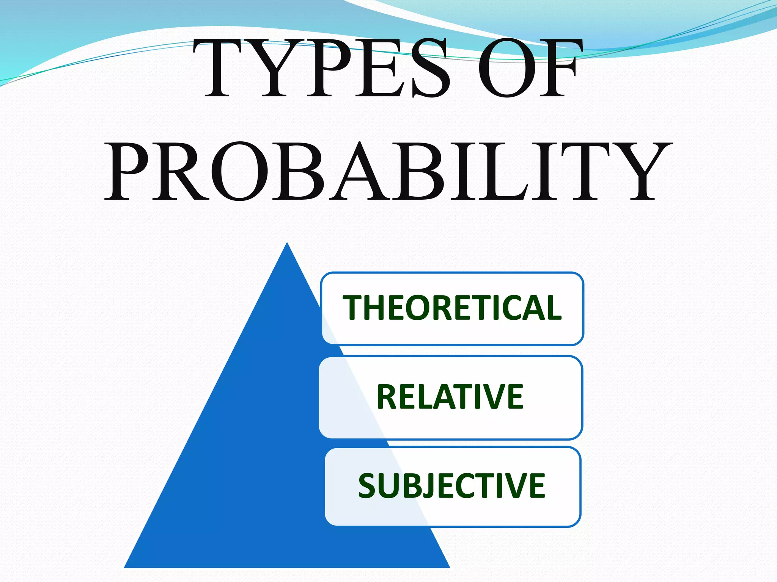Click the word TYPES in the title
tap(322, 68)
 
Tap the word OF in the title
tap(529, 68)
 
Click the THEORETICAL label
tap(451, 308)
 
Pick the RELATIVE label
tap(450, 397)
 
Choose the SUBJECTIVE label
tap(451, 486)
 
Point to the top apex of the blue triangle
tap(287, 245)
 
